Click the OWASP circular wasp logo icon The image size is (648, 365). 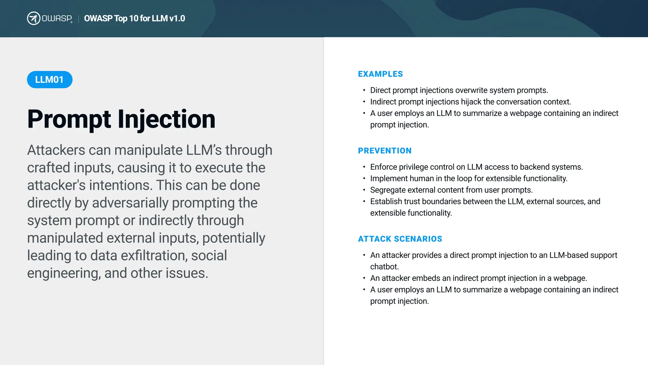pyautogui.click(x=34, y=18)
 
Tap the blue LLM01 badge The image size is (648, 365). pyautogui.click(x=50, y=80)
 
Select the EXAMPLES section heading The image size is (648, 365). pyautogui.click(x=380, y=74)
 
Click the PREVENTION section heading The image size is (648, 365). pyautogui.click(x=385, y=151)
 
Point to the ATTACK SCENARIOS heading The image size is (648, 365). pyautogui.click(x=400, y=239)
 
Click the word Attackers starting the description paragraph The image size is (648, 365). pyautogui.click(x=56, y=150)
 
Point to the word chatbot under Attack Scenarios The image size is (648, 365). pyautogui.click(x=384, y=267)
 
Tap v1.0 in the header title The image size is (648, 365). pyautogui.click(x=177, y=18)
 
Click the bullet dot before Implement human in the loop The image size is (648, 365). pyautogui.click(x=364, y=178)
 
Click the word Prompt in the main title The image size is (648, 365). pyautogui.click(x=69, y=119)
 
